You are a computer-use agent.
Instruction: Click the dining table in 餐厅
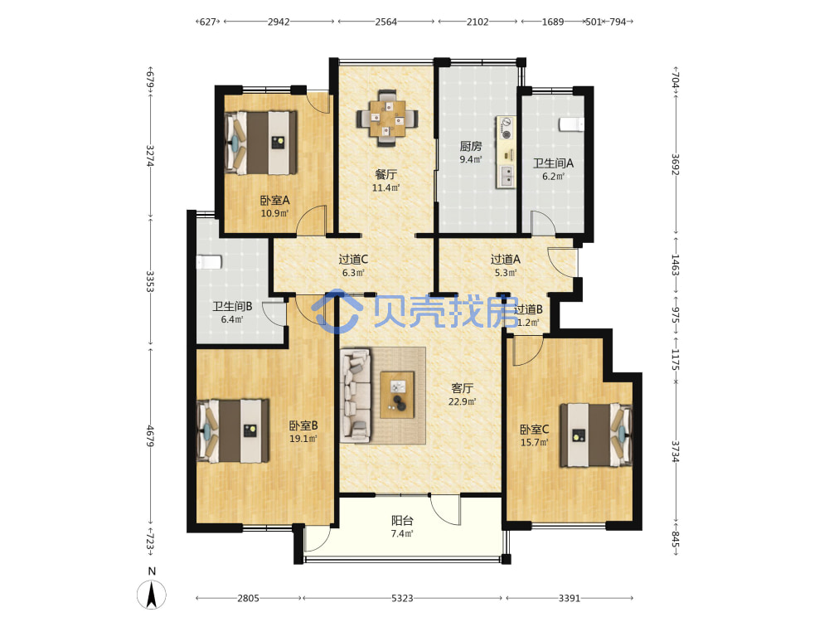tap(387, 119)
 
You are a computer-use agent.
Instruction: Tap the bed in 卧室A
tap(260, 143)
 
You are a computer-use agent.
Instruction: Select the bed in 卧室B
tap(233, 431)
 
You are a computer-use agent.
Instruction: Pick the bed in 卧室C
tap(596, 435)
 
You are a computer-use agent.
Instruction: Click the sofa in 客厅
tap(356, 395)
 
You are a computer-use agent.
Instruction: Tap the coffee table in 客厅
tap(398, 395)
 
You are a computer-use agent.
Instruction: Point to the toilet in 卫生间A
tap(571, 124)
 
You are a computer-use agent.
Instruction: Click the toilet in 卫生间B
tap(209, 262)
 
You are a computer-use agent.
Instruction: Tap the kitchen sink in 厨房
tap(507, 176)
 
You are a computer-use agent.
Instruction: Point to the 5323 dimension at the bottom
tap(402, 598)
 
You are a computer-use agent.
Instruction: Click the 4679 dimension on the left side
tap(150, 436)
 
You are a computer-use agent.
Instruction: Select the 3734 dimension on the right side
tap(675, 452)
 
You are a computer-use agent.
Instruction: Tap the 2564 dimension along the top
tap(386, 22)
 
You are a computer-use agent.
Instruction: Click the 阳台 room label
tap(402, 521)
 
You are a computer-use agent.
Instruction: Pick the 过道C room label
tap(353, 259)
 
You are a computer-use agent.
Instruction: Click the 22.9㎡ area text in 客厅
tap(462, 401)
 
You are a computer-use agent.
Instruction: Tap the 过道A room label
tap(506, 259)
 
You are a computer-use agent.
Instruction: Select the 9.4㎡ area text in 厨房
tap(471, 159)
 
